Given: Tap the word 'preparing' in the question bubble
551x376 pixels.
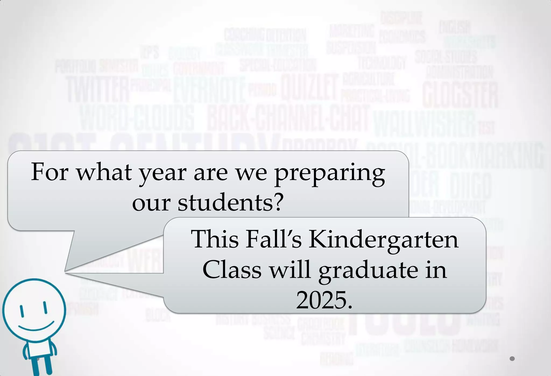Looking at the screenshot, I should pyautogui.click(x=329, y=173).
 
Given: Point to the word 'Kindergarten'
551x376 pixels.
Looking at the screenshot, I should pyautogui.click(x=383, y=239).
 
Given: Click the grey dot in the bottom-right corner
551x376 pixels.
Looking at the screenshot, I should pyautogui.click(x=512, y=359).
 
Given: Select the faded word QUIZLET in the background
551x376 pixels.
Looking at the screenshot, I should pyautogui.click(x=309, y=87).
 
